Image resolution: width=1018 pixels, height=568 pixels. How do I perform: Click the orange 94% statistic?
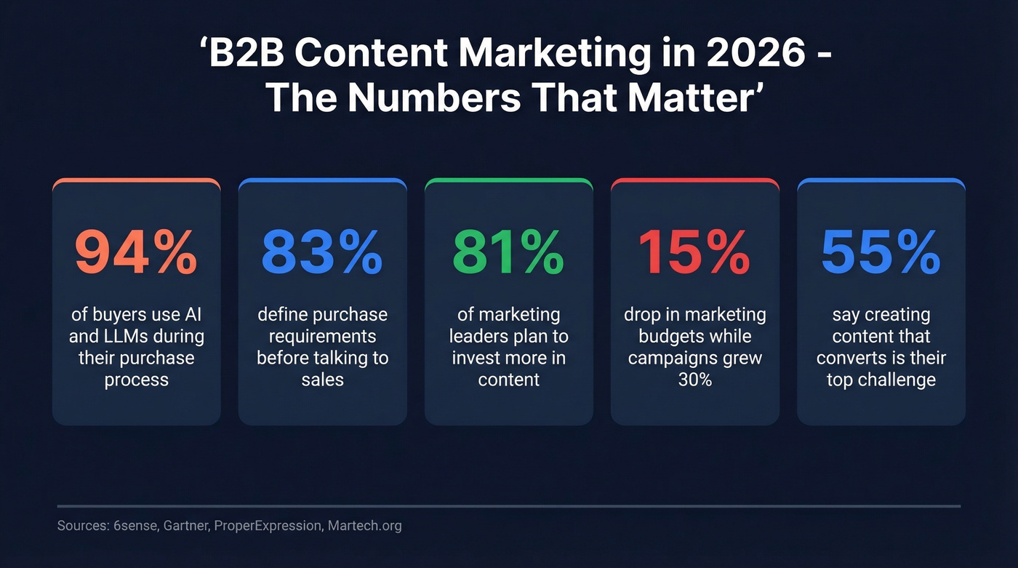point(136,252)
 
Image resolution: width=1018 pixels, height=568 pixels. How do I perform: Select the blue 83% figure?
point(322,252)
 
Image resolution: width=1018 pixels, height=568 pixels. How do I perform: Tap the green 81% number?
point(508,252)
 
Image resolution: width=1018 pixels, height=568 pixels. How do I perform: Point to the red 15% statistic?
point(694,252)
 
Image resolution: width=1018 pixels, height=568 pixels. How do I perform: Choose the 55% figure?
point(881,252)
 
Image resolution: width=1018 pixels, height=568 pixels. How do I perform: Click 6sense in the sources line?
point(129,525)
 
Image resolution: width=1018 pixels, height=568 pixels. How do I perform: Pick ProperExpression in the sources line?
point(268,525)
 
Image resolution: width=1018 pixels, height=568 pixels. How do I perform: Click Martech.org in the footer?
point(364,525)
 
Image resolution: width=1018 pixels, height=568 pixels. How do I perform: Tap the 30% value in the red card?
point(694,380)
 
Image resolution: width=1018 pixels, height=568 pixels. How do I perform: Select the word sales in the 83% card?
point(322,380)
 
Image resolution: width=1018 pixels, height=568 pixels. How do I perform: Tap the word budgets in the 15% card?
point(669,337)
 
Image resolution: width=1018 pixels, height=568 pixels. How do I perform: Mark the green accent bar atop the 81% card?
point(508,179)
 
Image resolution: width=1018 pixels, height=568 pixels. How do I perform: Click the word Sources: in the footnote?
point(81,525)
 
